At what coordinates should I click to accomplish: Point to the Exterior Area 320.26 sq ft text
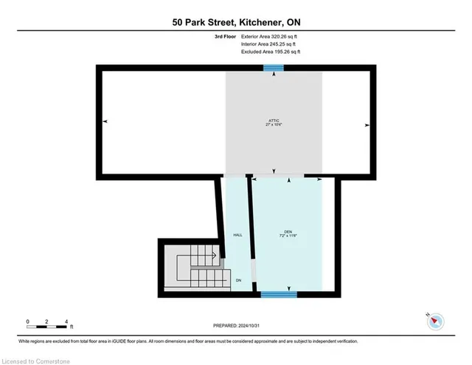[271, 35]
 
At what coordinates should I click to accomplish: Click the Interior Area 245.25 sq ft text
[270, 44]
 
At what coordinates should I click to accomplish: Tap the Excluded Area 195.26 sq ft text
[271, 52]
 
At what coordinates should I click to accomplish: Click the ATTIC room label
[274, 120]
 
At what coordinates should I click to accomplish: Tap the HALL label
[237, 234]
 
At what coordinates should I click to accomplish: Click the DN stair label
[238, 281]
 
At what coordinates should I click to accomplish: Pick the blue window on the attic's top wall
[274, 68]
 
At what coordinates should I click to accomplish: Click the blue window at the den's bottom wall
[279, 294]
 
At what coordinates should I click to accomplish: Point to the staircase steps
[195, 270]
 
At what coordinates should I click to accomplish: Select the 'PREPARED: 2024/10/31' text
[235, 326]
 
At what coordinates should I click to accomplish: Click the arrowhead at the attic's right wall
[366, 125]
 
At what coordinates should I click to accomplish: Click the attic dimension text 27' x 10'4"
[274, 125]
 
